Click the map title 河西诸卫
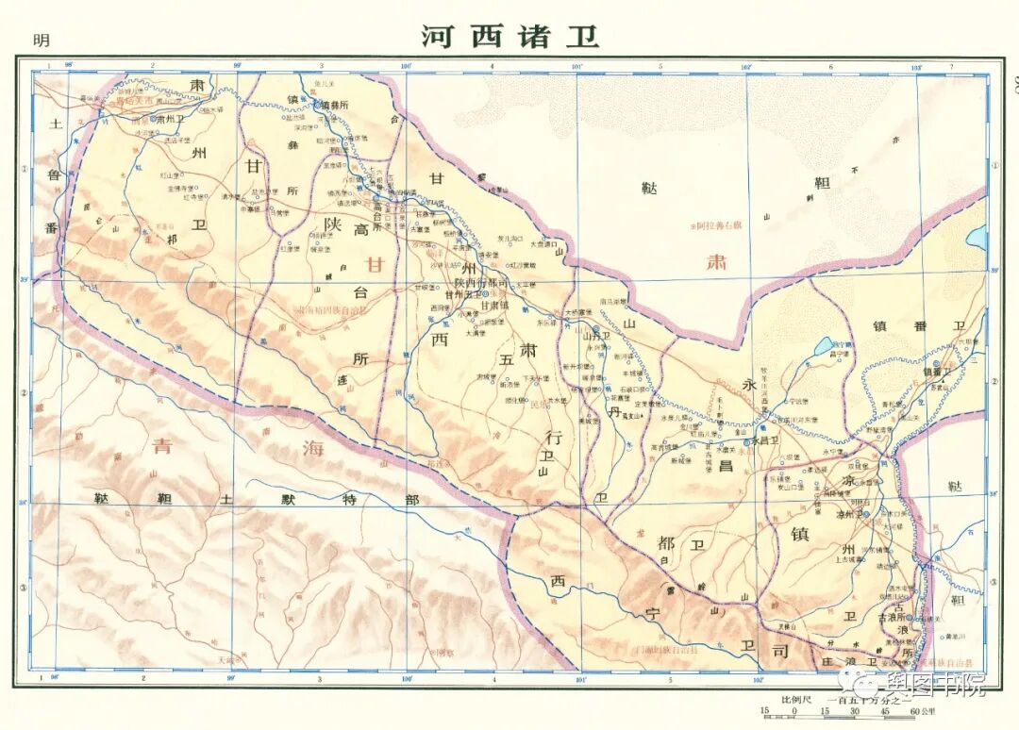point(509,37)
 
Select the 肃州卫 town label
point(170,121)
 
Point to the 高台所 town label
point(385,208)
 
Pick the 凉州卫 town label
point(842,515)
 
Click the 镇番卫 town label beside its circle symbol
point(940,371)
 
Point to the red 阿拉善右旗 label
point(719,226)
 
